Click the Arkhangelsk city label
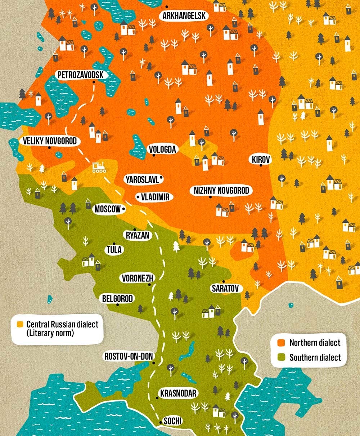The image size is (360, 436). point(184,16)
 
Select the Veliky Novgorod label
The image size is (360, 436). point(50,141)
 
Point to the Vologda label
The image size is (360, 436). point(163,149)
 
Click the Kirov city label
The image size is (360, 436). point(261,160)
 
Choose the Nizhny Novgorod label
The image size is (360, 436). point(221,191)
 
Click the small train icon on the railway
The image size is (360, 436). point(99,168)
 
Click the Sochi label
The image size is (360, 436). point(172,421)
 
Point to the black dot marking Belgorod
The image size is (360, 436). point(117,304)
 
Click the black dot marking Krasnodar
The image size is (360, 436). point(157,398)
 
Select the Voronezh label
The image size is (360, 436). point(138,278)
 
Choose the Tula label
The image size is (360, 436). point(114,250)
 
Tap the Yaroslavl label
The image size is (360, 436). point(142,179)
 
